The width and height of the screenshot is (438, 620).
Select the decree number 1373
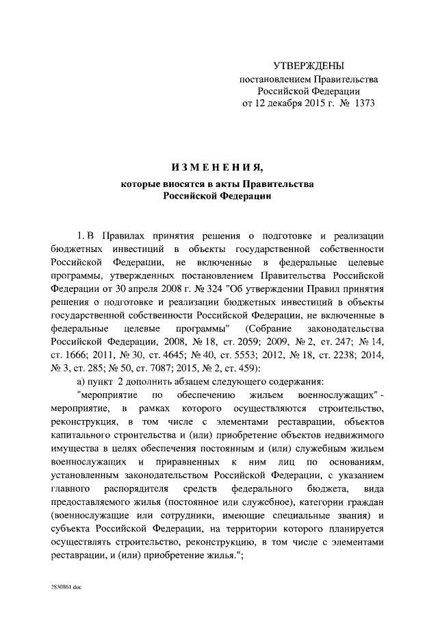tap(362, 103)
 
